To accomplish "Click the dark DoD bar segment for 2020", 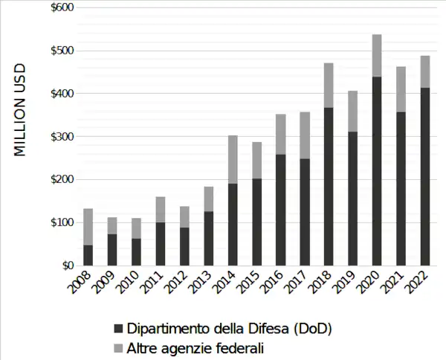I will [377, 171].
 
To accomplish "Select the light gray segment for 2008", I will [88, 227].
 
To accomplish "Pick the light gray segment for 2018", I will [329, 86].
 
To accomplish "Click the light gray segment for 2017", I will [305, 135].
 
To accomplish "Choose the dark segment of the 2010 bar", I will [137, 251].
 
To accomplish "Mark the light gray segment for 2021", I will [401, 89].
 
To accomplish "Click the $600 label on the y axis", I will [62, 7].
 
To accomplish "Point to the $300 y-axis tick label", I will [62, 137].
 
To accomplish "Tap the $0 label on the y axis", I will [67, 266].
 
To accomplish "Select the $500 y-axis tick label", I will [62, 51].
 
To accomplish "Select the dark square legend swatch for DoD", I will [117, 329].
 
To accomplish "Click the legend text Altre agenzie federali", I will [195, 347].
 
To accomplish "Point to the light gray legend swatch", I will [117, 347].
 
